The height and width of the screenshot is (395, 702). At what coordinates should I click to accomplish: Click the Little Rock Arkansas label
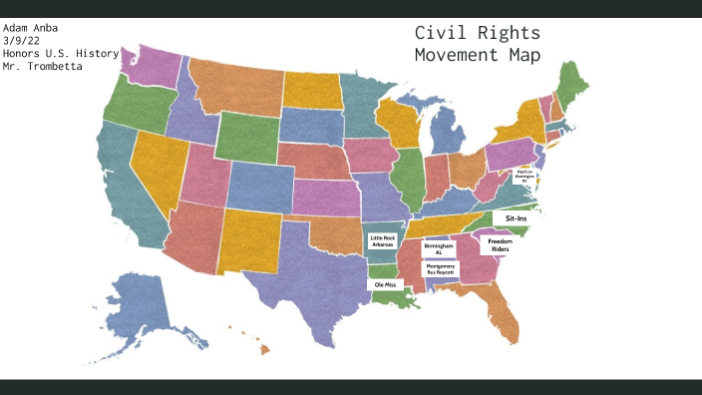[383, 241]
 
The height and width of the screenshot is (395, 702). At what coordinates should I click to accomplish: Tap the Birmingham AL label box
[439, 248]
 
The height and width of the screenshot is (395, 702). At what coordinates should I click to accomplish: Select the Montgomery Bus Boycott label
[440, 269]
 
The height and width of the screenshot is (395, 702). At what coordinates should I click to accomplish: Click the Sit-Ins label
[516, 217]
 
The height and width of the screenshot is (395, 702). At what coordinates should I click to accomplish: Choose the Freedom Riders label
[500, 244]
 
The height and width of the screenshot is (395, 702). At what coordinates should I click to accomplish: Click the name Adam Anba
[30, 27]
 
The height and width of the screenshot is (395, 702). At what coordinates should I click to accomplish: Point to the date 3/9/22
[22, 40]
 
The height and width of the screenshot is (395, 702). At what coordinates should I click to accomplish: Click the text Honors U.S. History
[61, 53]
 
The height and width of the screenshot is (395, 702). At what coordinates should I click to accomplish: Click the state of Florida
[505, 313]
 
